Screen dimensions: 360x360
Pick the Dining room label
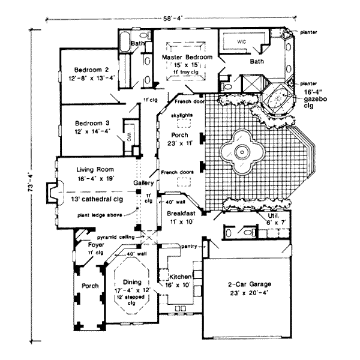click(131, 282)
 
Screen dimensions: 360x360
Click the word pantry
click(190, 245)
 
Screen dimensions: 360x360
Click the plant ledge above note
click(100, 214)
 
